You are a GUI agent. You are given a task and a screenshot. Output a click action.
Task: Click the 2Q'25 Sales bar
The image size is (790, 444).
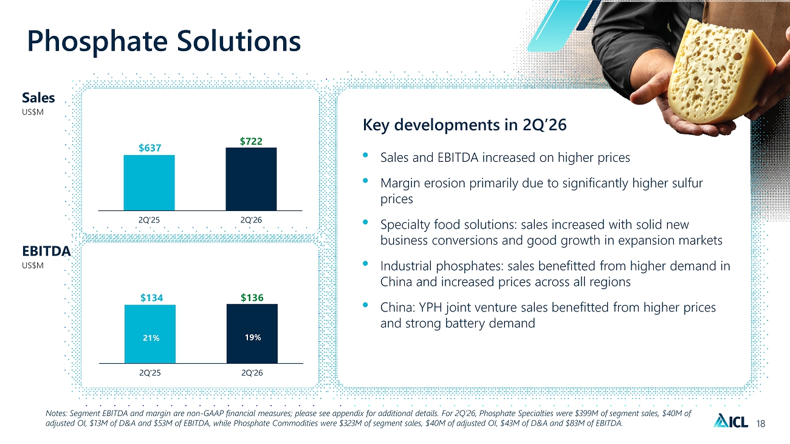click(149, 183)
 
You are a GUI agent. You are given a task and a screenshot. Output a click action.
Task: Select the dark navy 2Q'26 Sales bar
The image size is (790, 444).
click(251, 179)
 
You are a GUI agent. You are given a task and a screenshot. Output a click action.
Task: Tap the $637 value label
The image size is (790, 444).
click(150, 148)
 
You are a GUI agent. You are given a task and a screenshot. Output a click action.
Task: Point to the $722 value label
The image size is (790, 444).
click(251, 141)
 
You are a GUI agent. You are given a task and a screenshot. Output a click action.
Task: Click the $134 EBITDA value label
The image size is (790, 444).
click(152, 298)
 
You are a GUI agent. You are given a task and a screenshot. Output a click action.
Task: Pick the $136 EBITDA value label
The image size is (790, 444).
click(252, 297)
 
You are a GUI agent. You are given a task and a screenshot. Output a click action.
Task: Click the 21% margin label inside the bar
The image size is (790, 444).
click(151, 338)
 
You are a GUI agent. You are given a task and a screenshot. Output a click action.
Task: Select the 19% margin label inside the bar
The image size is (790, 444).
click(253, 338)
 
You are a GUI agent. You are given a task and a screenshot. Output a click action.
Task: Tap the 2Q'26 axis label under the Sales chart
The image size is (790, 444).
click(251, 220)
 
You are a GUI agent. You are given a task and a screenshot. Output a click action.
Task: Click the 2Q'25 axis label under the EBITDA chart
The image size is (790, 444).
click(150, 373)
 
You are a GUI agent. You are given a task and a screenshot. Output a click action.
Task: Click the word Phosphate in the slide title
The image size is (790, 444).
click(97, 41)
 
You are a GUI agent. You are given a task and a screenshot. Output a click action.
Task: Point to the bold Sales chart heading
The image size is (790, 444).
click(38, 98)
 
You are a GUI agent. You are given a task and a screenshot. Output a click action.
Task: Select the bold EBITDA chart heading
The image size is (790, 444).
click(46, 251)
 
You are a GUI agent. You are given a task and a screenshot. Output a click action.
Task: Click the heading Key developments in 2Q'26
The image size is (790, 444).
click(464, 125)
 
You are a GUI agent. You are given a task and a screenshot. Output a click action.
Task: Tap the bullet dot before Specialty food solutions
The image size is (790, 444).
click(365, 223)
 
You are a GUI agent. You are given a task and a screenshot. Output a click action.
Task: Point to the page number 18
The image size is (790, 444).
click(761, 423)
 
